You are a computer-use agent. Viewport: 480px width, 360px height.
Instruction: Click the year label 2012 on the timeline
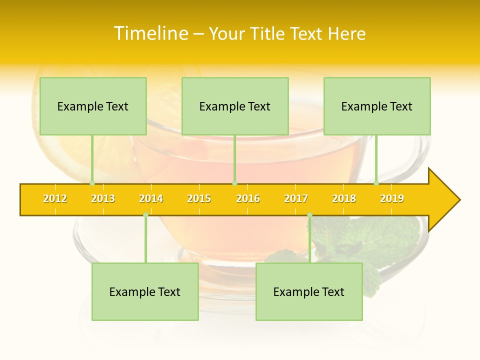coord(55,198)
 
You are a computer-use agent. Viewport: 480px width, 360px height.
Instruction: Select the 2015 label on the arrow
coord(199,198)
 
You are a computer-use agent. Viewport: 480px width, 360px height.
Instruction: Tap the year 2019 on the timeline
coord(392,198)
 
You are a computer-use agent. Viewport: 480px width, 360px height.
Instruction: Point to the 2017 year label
coord(296,198)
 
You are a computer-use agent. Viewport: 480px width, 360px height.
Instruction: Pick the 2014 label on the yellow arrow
coord(151,198)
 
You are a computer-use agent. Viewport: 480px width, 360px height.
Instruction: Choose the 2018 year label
coord(344,198)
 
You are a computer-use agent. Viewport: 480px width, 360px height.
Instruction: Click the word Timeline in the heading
coord(150,33)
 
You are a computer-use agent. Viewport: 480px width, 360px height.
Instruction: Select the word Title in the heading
coord(267,33)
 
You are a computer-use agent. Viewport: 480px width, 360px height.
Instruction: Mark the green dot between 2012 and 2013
coord(92,183)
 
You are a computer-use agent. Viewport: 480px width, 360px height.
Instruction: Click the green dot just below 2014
coord(145,215)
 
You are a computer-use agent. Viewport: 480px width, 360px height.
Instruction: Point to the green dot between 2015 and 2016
coord(234,183)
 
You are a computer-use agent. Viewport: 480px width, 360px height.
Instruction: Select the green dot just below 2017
coord(309,215)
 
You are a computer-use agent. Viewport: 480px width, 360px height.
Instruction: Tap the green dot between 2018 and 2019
coord(376,183)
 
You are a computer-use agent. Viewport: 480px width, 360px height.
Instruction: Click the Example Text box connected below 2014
coord(145,291)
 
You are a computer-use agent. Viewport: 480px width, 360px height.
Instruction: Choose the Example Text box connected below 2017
coord(309,291)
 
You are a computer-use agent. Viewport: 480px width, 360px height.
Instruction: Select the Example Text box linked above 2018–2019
coord(377,106)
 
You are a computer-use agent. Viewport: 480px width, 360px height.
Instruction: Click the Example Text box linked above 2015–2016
coord(235,106)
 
